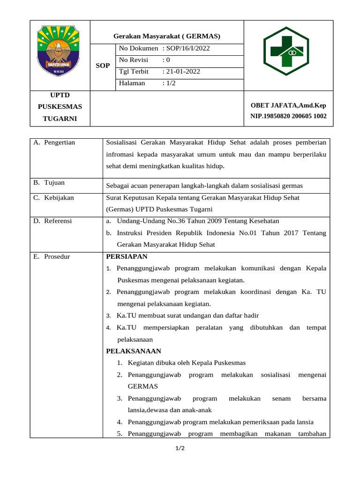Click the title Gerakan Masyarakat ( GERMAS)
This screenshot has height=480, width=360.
pyautogui.click(x=167, y=36)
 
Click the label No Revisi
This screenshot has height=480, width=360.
pyautogui.click(x=134, y=60)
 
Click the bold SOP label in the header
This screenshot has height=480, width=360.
pyautogui.click(x=103, y=66)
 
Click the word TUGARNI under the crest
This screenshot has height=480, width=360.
pyautogui.click(x=60, y=119)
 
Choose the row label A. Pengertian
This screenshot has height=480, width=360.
pyautogui.click(x=54, y=142)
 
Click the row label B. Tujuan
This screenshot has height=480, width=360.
pyautogui.click(x=49, y=183)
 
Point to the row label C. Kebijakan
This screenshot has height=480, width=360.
pyautogui.click(x=53, y=198)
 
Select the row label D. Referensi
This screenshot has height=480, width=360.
pyautogui.click(x=52, y=221)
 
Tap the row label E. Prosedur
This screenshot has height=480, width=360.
pyautogui.click(x=52, y=256)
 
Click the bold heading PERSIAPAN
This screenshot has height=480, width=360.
pyautogui.click(x=127, y=256)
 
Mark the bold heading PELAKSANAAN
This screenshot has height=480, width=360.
pyautogui.click(x=134, y=351)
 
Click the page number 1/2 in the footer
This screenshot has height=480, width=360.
pyautogui.click(x=180, y=449)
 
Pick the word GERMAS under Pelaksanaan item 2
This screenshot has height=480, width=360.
pyautogui.click(x=142, y=386)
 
